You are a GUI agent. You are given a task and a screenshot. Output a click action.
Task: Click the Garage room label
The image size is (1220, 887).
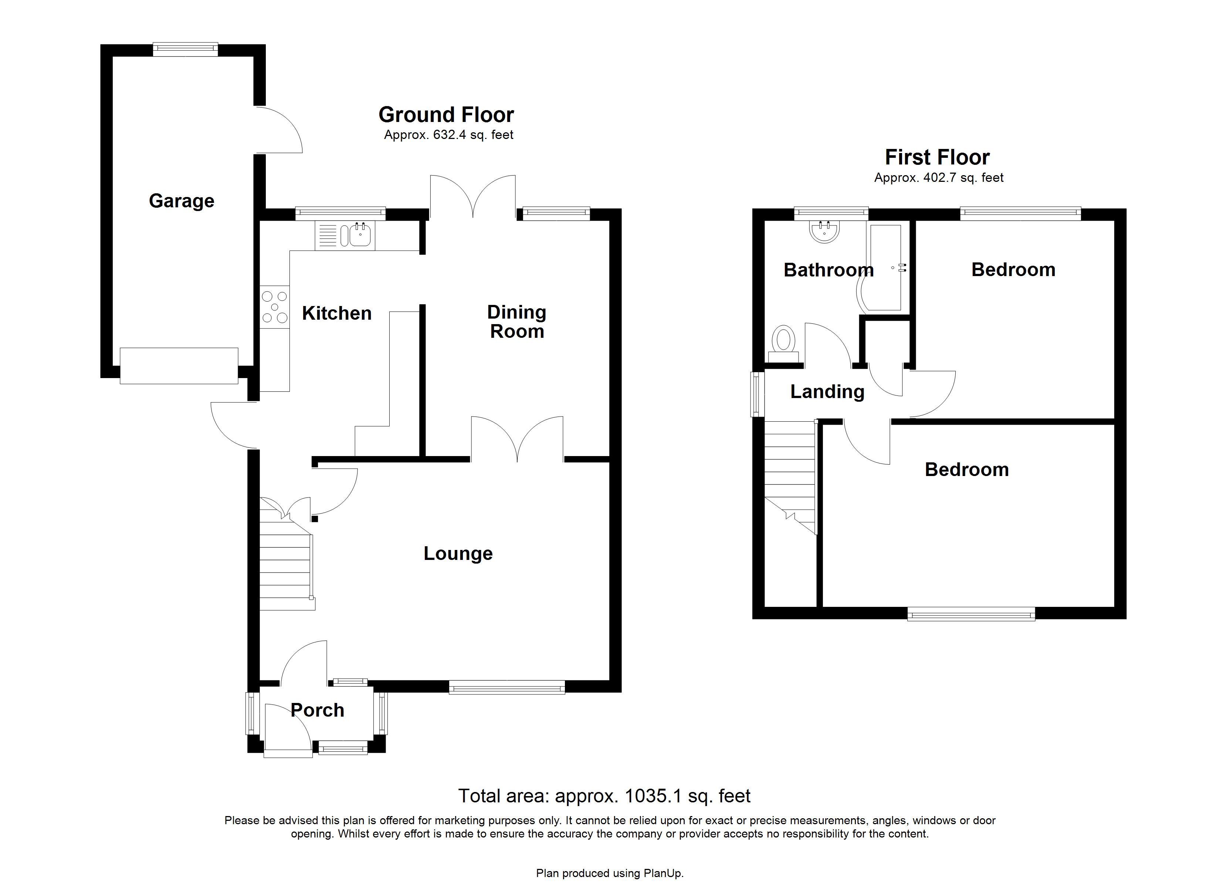point(181,201)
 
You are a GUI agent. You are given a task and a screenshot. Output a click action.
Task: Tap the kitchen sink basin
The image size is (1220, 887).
point(359,235)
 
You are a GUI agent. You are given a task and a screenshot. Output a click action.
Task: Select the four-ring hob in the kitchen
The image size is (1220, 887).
point(274,307)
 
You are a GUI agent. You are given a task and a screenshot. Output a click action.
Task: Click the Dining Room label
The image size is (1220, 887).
point(516,322)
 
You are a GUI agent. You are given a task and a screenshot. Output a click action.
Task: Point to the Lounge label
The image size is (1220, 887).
point(458,554)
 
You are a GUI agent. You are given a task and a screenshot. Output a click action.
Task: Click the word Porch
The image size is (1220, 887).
point(317,710)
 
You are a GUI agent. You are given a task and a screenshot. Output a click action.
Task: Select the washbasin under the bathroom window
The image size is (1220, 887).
point(824,232)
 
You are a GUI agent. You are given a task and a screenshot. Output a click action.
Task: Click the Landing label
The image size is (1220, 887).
point(827,392)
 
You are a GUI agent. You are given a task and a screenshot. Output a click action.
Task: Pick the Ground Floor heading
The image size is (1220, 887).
point(446,115)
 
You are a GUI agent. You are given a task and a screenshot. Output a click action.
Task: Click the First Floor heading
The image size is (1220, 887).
point(937,157)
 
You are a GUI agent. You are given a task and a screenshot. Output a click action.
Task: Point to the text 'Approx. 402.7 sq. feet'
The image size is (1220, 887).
point(939,177)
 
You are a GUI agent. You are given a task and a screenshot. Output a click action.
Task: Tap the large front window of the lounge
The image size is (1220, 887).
point(507,687)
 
